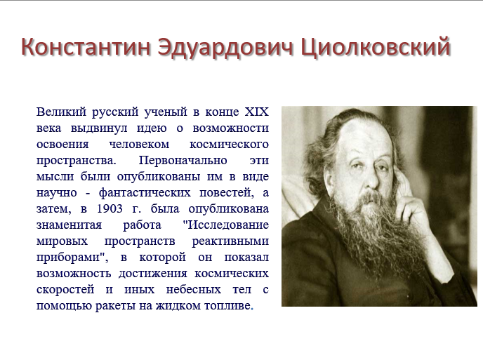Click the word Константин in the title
tap(86, 47)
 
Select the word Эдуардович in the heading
tap(225, 48)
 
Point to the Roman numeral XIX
tap(257, 112)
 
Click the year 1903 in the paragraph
tap(110, 209)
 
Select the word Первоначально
tap(183, 160)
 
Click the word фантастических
tap(145, 193)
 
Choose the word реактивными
tap(230, 241)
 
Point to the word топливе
tap(227, 306)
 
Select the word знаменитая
tap(69, 225)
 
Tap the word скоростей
tap(65, 290)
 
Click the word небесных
tap(194, 290)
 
